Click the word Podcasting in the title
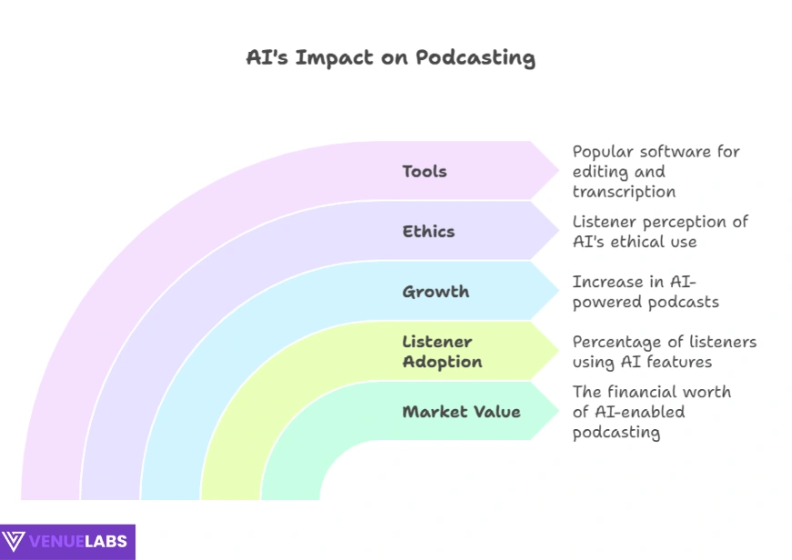click(476, 58)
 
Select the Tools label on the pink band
click(425, 171)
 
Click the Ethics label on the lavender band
click(428, 231)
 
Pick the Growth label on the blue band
click(436, 291)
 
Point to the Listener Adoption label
click(442, 352)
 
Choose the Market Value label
click(461, 412)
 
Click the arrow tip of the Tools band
click(558, 171)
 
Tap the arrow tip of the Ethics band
click(558, 231)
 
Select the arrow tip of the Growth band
click(558, 291)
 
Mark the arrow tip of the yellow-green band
click(558, 350)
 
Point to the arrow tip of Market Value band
click(558, 411)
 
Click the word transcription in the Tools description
click(624, 192)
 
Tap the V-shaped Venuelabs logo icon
click(14, 541)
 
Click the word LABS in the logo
click(105, 541)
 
